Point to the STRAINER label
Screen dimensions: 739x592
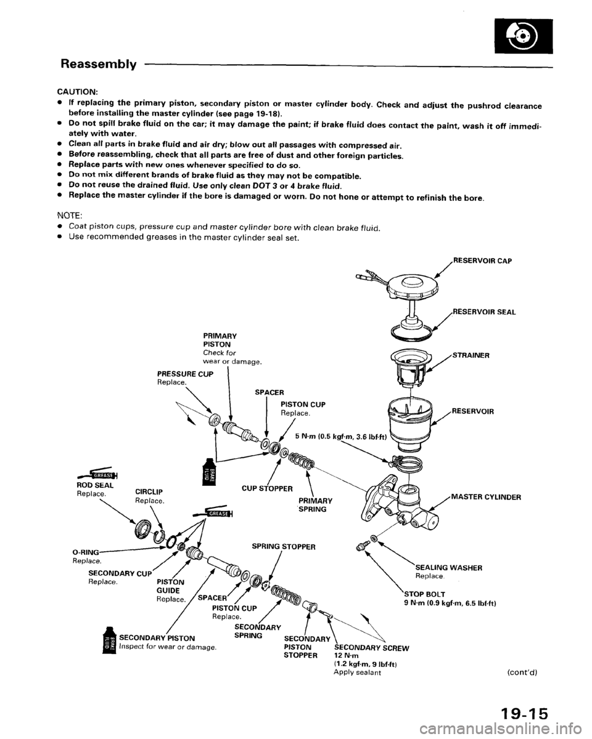pyautogui.click(x=472, y=355)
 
